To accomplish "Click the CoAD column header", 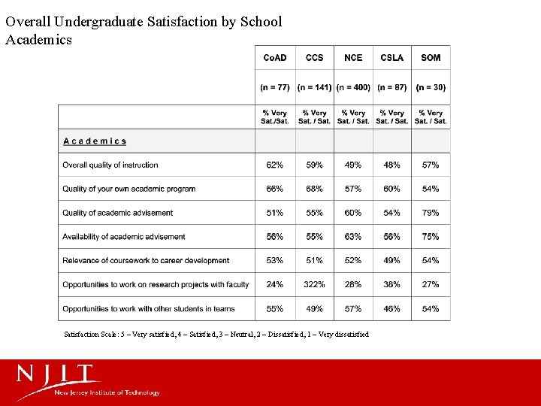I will pyautogui.click(x=275, y=58).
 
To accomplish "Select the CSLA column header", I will pyautogui.click(x=392, y=58).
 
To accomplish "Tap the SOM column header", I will pyautogui.click(x=431, y=58).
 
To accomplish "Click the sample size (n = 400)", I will pyautogui.click(x=353, y=87).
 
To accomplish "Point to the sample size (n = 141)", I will pyautogui.click(x=314, y=87).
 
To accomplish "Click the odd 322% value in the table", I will pyautogui.click(x=314, y=284).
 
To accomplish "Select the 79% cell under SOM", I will pyautogui.click(x=431, y=213).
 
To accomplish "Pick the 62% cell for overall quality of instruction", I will pyautogui.click(x=275, y=165).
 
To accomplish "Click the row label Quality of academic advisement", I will pyautogui.click(x=118, y=213).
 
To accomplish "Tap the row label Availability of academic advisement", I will pyautogui.click(x=124, y=237).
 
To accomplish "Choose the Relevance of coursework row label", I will pyautogui.click(x=146, y=261).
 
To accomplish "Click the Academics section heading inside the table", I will pyautogui.click(x=95, y=141).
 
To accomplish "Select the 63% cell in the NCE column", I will pyautogui.click(x=353, y=237).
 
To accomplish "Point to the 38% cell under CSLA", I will pyautogui.click(x=392, y=284).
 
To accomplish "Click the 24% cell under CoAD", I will pyautogui.click(x=275, y=284).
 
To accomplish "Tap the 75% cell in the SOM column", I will pyautogui.click(x=431, y=237).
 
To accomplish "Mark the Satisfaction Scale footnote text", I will pyautogui.click(x=216, y=335).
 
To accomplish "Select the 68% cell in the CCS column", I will pyautogui.click(x=314, y=189).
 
